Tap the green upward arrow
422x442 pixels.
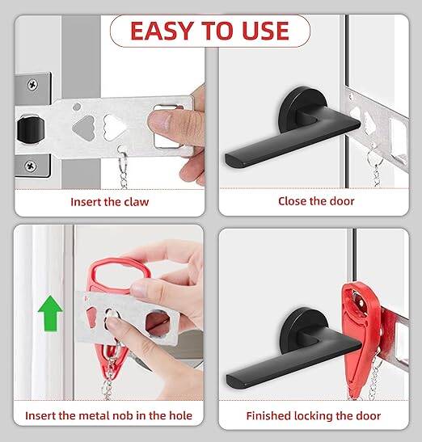[50, 314]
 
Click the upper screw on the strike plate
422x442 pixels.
[32, 85]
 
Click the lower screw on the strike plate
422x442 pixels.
[31, 166]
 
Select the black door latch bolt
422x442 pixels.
[31, 130]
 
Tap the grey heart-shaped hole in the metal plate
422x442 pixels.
[83, 128]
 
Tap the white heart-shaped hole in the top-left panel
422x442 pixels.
[114, 128]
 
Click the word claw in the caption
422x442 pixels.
[137, 202]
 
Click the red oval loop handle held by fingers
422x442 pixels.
[119, 274]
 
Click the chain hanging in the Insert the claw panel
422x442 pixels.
[123, 168]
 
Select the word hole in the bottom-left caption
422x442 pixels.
[180, 415]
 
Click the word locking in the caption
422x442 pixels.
[314, 416]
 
